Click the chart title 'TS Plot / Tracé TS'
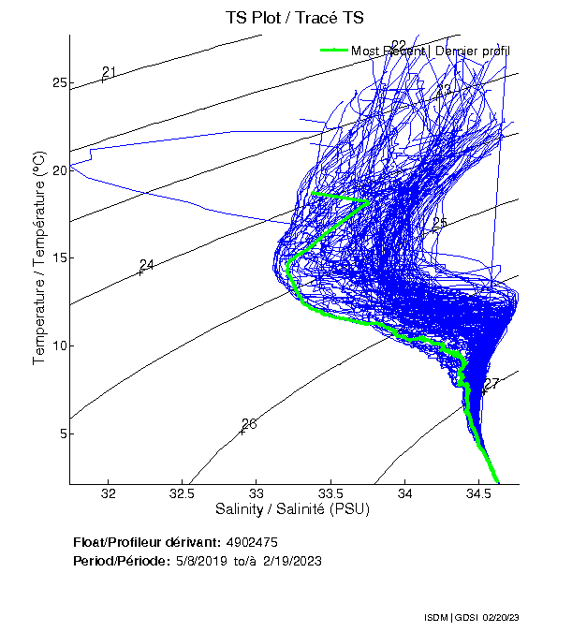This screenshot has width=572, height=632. (295, 19)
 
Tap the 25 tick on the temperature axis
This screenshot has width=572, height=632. (60, 83)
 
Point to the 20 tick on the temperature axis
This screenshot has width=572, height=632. (60, 170)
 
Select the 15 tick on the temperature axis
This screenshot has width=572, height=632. (60, 258)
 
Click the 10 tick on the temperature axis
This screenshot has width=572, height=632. (60, 345)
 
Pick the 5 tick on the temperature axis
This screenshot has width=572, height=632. (63, 434)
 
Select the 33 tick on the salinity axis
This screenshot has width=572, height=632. (257, 493)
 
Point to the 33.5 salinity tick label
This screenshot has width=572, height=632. (331, 493)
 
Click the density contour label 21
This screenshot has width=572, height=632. (109, 72)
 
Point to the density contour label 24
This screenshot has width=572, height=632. (146, 265)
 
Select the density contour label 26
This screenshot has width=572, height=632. (249, 424)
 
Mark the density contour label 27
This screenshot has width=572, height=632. (492, 383)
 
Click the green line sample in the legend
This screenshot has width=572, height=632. (334, 51)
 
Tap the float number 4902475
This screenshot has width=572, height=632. (252, 542)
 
